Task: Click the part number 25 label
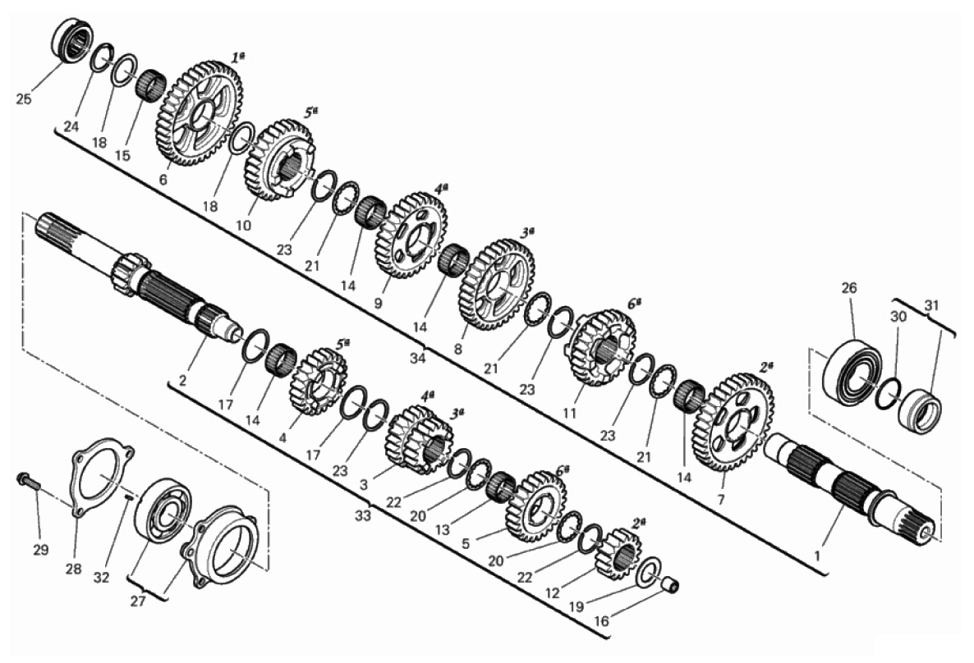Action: [24, 98]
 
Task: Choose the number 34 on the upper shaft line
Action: [418, 359]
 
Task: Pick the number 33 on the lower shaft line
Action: [363, 514]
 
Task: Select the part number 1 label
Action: [817, 556]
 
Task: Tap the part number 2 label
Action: [182, 381]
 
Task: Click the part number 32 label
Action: [101, 577]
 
